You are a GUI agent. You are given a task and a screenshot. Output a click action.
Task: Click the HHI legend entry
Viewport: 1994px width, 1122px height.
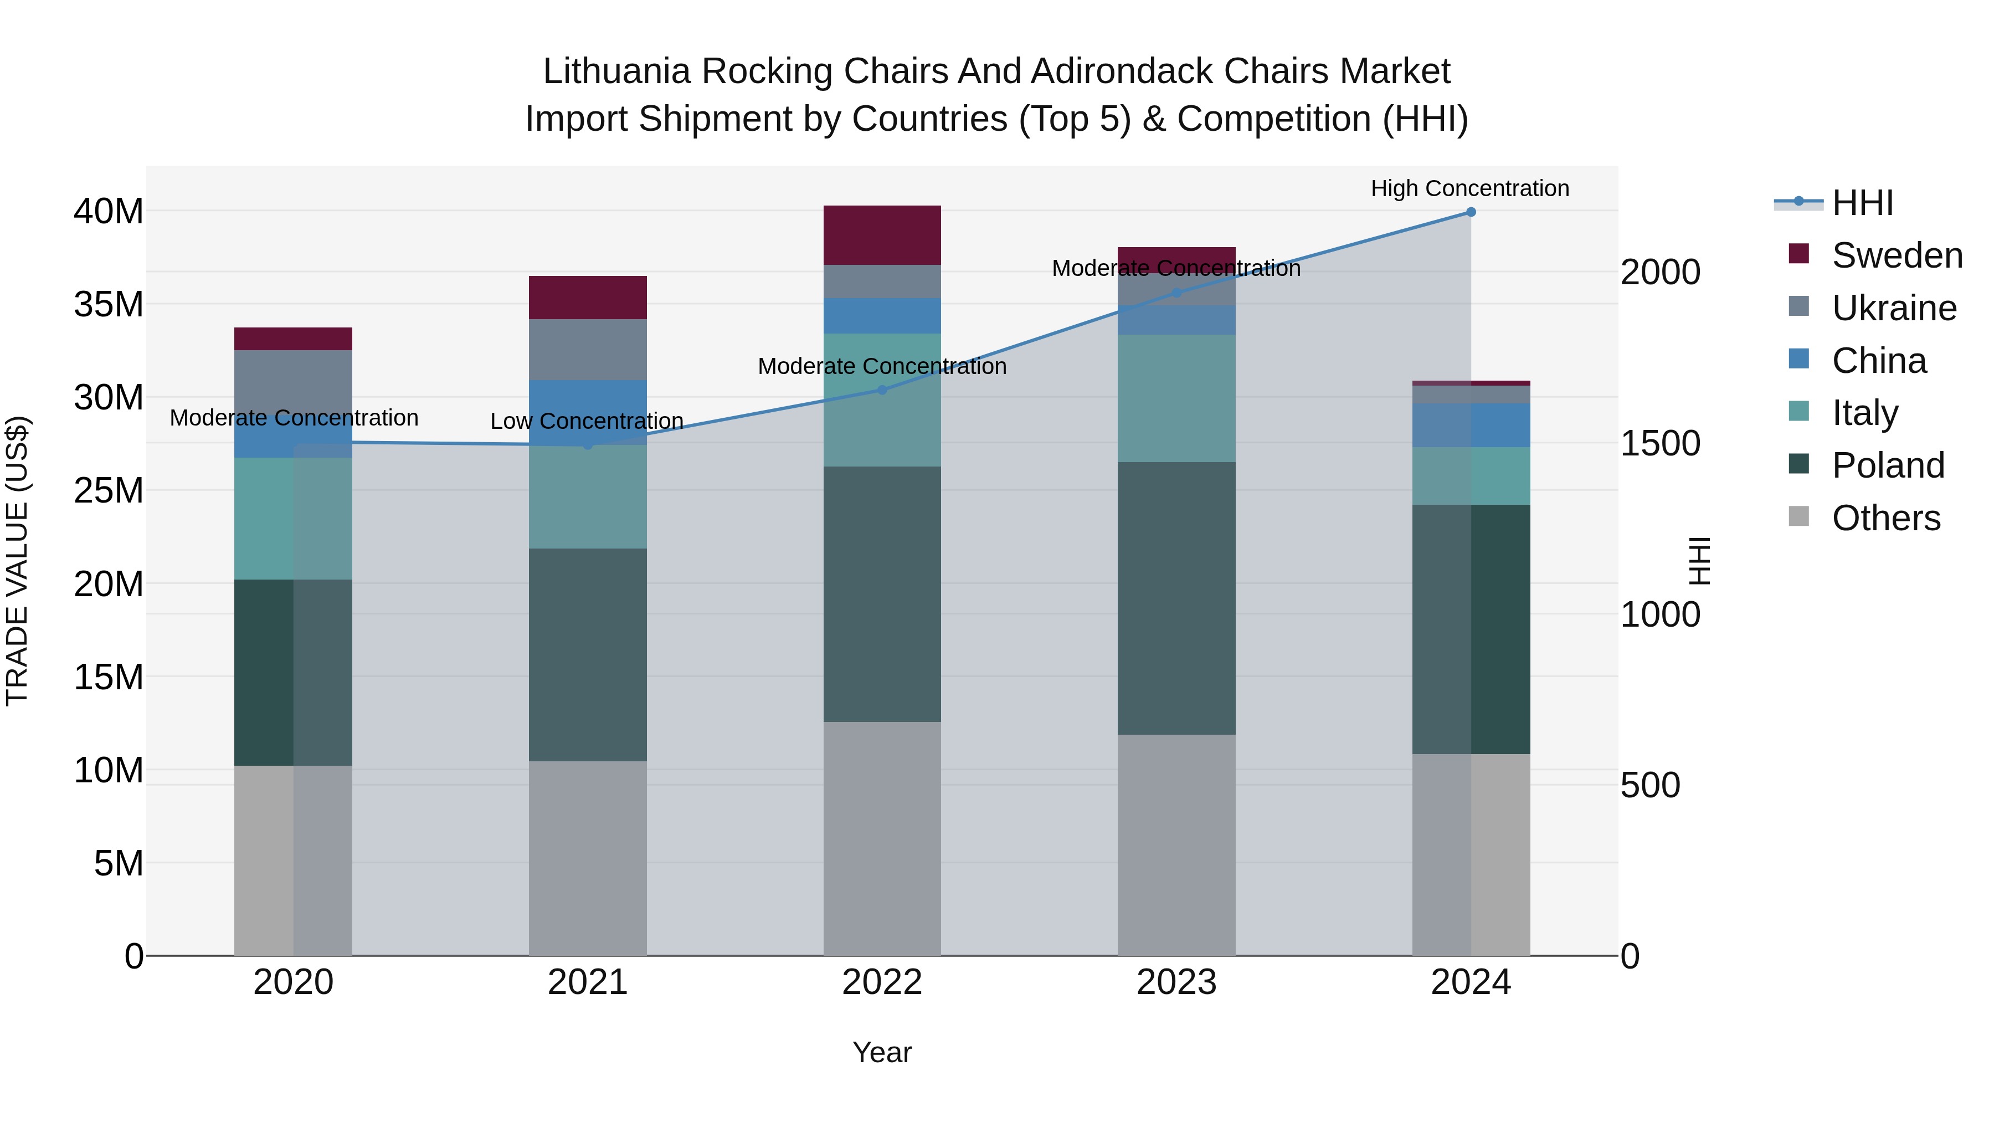pos(1862,203)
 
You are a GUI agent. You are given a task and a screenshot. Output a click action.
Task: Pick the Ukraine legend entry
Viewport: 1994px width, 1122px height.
pos(1893,308)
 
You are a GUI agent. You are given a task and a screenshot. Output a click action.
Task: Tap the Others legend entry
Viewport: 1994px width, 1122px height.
pos(1885,518)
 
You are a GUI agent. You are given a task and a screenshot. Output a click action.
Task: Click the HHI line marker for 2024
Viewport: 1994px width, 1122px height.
pos(1471,212)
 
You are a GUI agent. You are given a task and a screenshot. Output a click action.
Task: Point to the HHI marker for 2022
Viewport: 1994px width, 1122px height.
pos(882,390)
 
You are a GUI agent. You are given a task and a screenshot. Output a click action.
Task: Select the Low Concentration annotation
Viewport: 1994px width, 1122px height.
pos(587,421)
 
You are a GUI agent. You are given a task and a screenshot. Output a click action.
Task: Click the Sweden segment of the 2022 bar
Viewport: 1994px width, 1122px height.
pos(882,235)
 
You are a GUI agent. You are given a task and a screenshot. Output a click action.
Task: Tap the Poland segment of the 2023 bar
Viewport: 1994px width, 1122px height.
pos(1176,598)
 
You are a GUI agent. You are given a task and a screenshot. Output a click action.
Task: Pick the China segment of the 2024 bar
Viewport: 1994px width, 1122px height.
pos(1471,425)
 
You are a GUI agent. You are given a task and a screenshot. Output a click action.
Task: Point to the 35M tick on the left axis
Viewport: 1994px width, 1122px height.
pos(109,304)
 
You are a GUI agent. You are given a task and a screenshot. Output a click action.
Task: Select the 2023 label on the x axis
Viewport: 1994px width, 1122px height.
pos(1176,982)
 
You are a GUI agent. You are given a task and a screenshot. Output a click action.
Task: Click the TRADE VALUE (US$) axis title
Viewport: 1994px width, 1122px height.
pos(18,561)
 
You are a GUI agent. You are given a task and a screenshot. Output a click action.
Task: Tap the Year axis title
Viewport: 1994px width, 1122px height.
pos(882,1052)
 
